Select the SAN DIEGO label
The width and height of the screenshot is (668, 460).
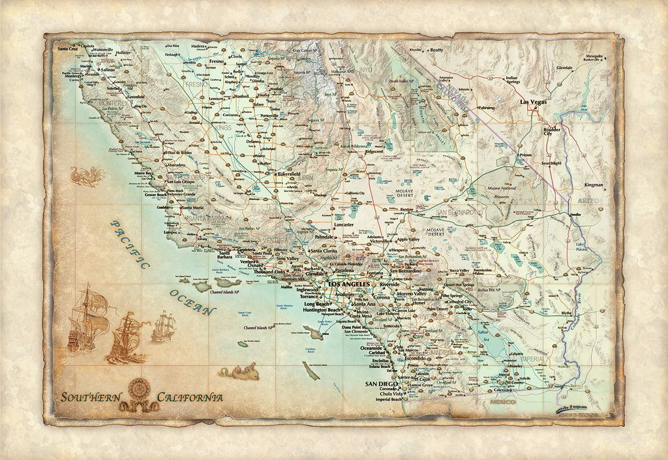tap(381, 384)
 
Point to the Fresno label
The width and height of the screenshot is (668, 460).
tap(217, 61)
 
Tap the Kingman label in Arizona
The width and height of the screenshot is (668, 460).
tap(594, 185)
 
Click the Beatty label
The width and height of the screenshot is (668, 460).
tap(436, 50)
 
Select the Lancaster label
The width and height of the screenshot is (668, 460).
tap(343, 224)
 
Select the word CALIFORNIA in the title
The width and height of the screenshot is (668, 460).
tap(190, 397)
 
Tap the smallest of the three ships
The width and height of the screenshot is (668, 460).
tap(164, 326)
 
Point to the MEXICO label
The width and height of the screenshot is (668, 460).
tap(502, 401)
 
